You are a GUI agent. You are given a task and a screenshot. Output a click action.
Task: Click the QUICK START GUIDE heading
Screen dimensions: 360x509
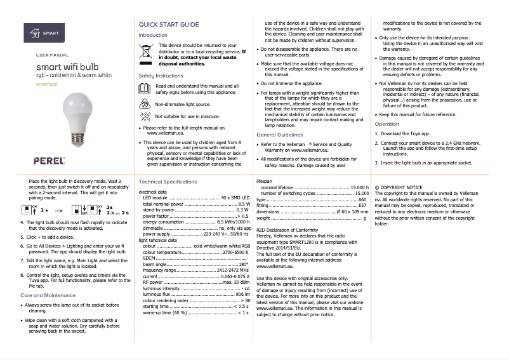168,24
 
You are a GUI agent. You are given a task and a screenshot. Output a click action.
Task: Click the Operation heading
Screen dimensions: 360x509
387,124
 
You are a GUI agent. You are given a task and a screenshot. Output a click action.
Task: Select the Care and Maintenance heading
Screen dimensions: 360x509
48,295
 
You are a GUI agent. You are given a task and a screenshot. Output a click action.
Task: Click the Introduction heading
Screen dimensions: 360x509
153,35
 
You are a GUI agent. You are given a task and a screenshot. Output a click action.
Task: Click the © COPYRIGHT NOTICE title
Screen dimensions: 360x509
399,188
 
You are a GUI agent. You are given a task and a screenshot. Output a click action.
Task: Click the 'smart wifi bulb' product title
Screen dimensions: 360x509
67,67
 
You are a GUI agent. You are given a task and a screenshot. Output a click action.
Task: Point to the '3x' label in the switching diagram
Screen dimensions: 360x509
109,207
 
